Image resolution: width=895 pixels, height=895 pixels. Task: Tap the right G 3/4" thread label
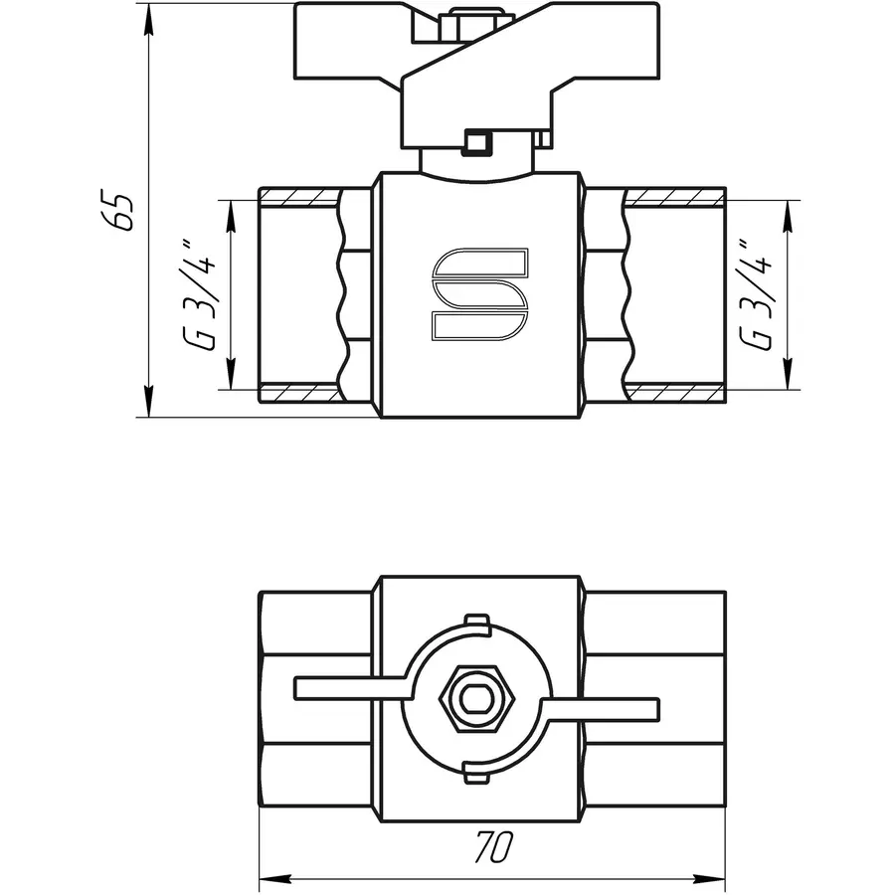click(x=761, y=294)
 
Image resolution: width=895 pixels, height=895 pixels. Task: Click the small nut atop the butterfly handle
click(x=482, y=18)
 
